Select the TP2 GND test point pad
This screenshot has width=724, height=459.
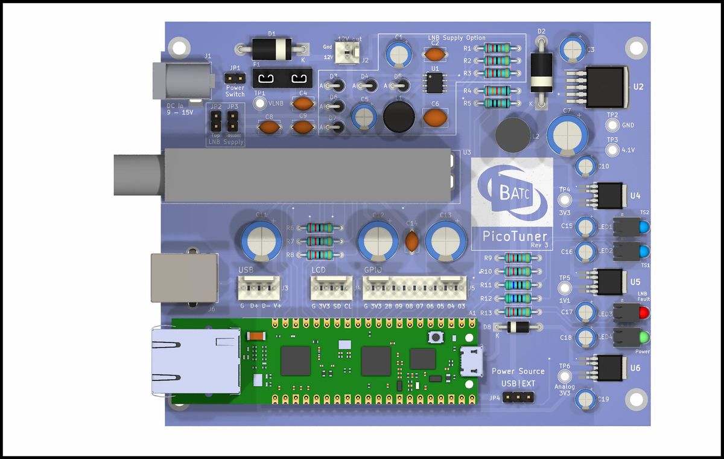tap(613, 126)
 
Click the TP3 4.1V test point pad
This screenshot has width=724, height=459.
tap(613, 150)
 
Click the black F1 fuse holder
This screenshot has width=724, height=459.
tap(282, 78)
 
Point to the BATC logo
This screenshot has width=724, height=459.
tap(512, 192)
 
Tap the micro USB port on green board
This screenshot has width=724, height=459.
tap(471, 361)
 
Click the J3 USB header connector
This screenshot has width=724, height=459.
tap(259, 287)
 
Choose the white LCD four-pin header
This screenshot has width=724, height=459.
tap(331, 287)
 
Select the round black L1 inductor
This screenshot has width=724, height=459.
tap(398, 116)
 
